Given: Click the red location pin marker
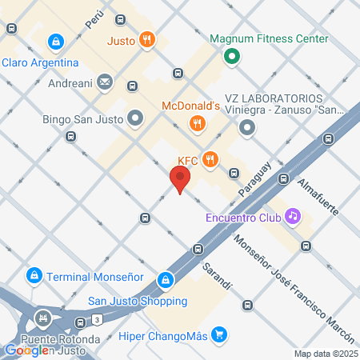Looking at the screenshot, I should (181, 179).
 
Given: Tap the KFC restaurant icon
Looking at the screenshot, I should (210, 158).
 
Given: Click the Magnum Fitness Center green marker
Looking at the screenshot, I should (231, 56).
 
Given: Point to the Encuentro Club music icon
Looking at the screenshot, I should (294, 215).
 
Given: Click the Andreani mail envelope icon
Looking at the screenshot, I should (105, 81).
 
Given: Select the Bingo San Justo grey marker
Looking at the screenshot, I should (135, 120).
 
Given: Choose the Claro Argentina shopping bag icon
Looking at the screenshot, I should (55, 41).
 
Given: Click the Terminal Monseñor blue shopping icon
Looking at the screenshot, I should (34, 276).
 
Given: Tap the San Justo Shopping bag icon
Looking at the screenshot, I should (164, 281).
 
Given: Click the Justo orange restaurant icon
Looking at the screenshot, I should (146, 39).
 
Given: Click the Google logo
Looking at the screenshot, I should (26, 350).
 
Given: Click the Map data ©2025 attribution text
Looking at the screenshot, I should (325, 354).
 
